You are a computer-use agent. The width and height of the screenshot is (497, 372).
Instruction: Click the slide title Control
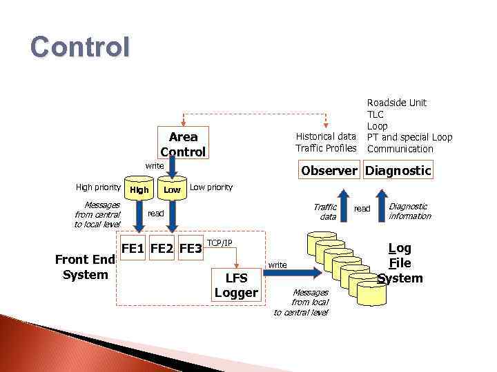coord(79,47)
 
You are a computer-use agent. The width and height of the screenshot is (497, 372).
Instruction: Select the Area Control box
coord(183,145)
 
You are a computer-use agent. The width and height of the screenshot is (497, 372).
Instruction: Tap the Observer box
coord(328,170)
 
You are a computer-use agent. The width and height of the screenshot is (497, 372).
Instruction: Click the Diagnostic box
coord(398,170)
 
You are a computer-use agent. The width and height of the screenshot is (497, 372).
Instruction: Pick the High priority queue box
coord(139,189)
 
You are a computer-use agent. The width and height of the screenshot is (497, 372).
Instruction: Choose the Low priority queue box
coord(172,189)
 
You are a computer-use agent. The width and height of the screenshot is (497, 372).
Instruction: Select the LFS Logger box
coord(236,285)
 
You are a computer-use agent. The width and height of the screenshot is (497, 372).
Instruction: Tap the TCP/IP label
coord(220,243)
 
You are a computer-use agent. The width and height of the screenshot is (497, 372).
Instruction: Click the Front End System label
coord(85,267)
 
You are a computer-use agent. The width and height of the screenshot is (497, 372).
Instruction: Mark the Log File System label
coord(400,263)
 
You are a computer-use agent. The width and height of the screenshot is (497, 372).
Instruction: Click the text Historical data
coord(326,136)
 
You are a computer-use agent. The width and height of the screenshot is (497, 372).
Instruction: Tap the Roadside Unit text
coord(396,103)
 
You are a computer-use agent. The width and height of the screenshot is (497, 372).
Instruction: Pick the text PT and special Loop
coord(409,137)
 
